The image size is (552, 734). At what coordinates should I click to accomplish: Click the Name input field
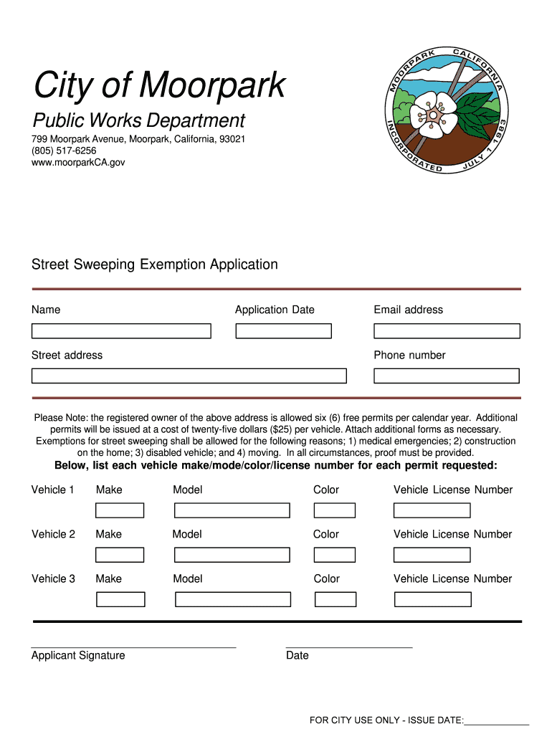[x=121, y=331]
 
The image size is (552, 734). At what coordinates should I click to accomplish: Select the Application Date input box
[x=283, y=331]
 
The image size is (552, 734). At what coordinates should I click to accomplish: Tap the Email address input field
[x=447, y=331]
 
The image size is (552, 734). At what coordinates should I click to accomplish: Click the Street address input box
[x=189, y=376]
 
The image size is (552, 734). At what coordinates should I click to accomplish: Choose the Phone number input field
[x=446, y=376]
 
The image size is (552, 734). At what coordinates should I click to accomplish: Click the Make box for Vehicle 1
[x=120, y=510]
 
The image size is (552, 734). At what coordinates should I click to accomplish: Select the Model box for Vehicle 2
[x=232, y=555]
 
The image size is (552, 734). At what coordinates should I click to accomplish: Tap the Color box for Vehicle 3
[x=335, y=599]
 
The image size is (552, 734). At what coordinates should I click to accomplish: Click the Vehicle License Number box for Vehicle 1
[x=432, y=510]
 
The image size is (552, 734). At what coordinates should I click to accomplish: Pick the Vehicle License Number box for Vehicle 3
[x=432, y=599]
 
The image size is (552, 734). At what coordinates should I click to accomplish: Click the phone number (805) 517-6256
[x=64, y=151]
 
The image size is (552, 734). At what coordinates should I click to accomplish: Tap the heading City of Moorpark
[x=159, y=86]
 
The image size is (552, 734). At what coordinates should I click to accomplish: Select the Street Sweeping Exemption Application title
[x=155, y=264]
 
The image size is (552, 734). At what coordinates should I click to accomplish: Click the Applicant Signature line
[x=133, y=647]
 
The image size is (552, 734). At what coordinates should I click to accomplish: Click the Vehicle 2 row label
[x=53, y=534]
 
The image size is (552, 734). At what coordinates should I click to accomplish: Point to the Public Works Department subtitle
[x=138, y=120]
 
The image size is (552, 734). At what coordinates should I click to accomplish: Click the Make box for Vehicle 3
[x=120, y=599]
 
